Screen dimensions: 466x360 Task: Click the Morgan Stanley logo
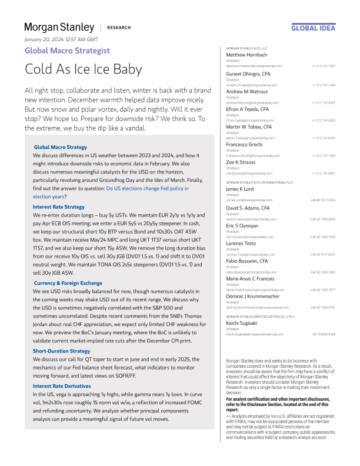point(59,28)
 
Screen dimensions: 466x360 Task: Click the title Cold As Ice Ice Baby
point(83,69)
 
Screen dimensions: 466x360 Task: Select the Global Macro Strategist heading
point(67,51)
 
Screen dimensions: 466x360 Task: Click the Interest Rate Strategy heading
point(59,207)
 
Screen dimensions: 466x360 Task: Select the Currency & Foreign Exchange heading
point(68,283)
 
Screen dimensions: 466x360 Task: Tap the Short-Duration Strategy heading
point(61,351)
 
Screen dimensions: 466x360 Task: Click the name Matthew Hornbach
point(247,55)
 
